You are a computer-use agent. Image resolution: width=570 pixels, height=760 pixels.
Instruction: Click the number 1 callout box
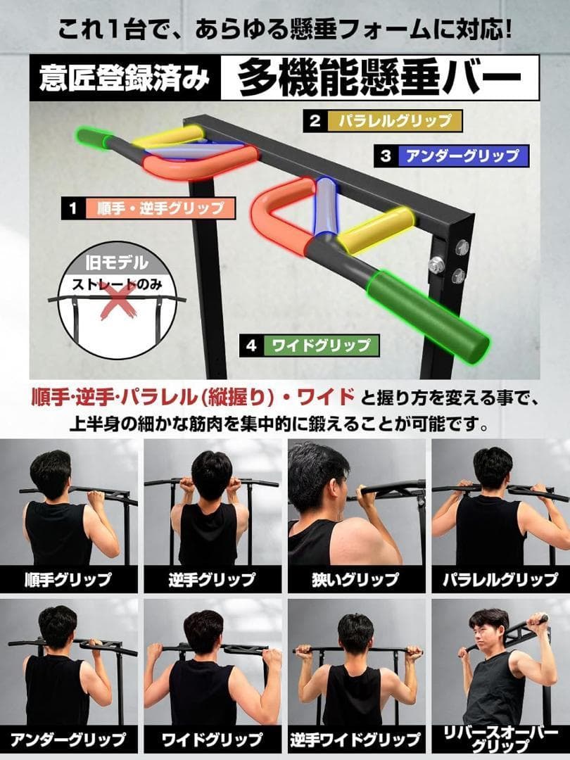click(x=72, y=208)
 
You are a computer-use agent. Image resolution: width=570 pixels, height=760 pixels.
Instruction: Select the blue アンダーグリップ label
click(x=460, y=156)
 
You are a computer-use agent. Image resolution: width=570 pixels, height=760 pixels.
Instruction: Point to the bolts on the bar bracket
click(x=450, y=260)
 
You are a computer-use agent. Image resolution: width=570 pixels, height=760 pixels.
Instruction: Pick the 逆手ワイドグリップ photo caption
click(x=355, y=739)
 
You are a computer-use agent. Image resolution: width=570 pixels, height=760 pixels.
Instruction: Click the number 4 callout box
click(x=251, y=346)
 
